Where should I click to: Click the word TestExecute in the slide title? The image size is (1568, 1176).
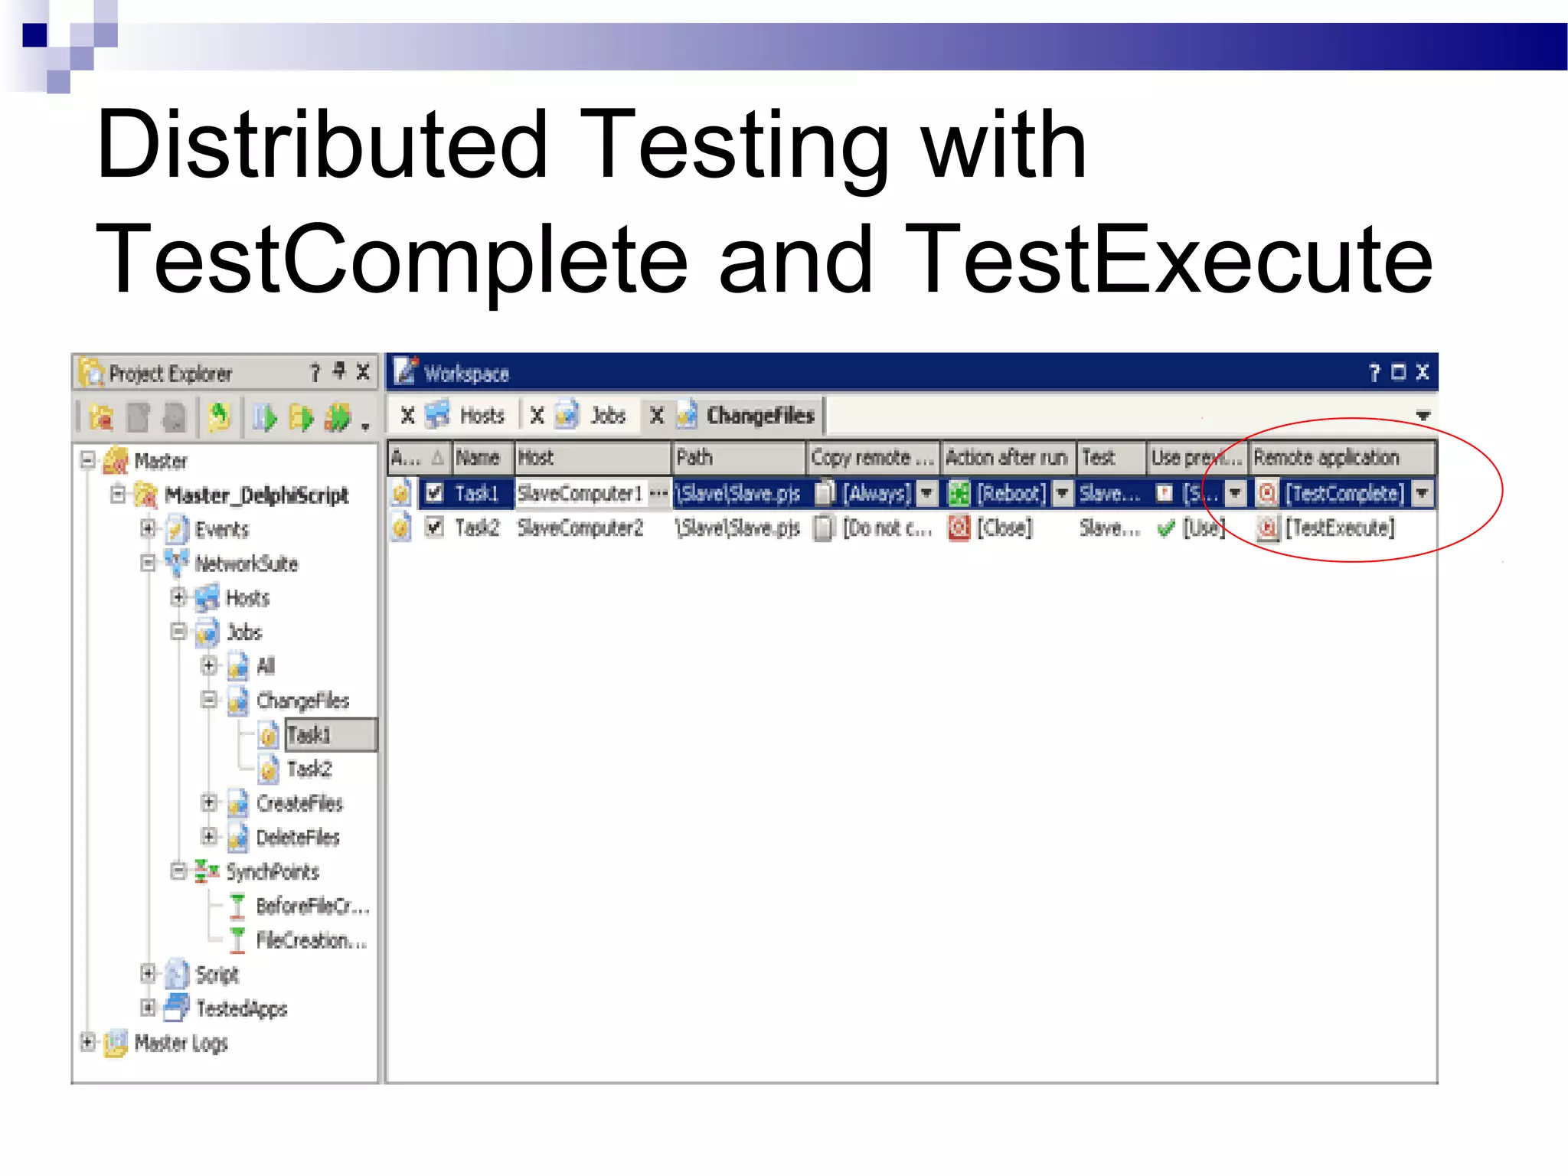1173,260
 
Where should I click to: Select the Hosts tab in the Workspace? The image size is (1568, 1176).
481,416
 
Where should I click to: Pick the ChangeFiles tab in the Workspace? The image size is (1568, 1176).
759,416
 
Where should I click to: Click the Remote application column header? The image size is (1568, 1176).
1326,458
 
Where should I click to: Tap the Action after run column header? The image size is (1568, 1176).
1006,458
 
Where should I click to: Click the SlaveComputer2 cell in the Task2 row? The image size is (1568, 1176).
580,528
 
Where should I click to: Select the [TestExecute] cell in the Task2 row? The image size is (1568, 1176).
1340,528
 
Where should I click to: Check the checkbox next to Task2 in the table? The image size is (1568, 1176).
434,528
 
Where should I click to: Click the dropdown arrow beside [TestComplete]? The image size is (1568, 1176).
1422,494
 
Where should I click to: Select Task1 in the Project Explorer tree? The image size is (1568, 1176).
309,735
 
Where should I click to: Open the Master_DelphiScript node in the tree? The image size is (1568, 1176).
256,495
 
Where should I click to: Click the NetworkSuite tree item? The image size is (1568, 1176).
246,564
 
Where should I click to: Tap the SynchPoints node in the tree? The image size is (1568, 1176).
272,871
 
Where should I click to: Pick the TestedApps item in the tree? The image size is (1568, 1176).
241,1008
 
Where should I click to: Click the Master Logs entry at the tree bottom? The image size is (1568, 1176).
181,1043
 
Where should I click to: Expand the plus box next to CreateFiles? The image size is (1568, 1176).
209,802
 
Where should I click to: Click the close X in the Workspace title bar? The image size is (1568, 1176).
1422,372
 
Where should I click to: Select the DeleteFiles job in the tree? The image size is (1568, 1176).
297,838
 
